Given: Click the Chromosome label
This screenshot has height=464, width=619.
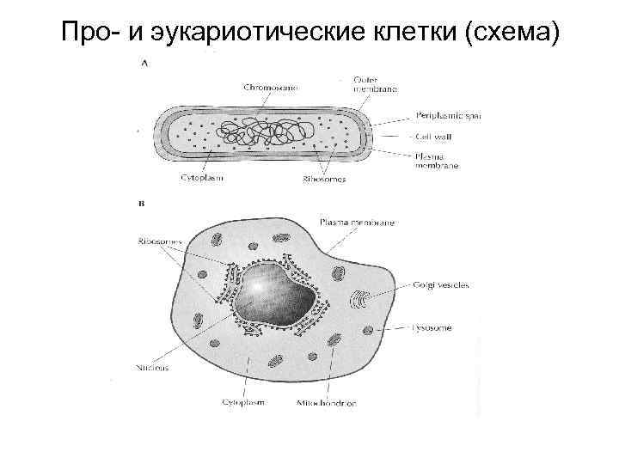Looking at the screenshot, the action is pyautogui.click(x=268, y=88).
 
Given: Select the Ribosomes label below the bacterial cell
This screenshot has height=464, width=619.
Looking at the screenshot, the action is pyautogui.click(x=324, y=180).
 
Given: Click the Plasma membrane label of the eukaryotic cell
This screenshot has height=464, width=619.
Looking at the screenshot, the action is pyautogui.click(x=357, y=222).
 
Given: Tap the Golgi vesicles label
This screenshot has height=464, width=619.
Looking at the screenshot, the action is pyautogui.click(x=440, y=285).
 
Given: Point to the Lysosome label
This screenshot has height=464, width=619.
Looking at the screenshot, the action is pyautogui.click(x=431, y=327).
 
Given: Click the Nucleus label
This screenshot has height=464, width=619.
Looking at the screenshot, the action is pyautogui.click(x=151, y=367).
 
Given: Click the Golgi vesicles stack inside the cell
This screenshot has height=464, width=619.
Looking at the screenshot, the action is pyautogui.click(x=359, y=302).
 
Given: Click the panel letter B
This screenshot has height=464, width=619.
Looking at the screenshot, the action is pyautogui.click(x=141, y=205).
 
